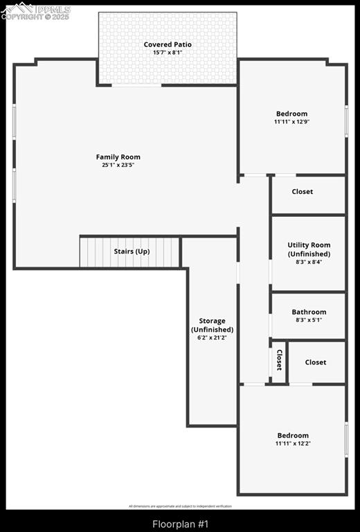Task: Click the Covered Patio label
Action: coord(168,44)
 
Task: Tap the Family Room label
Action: coord(118,157)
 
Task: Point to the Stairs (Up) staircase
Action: coord(130,251)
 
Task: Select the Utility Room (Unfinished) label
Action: coord(309,249)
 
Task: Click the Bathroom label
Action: coord(309,312)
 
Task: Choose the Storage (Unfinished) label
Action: coord(212,325)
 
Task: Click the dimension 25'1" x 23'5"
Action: coord(118,166)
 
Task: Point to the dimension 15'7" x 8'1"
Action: coord(168,53)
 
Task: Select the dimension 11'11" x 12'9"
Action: coord(291,122)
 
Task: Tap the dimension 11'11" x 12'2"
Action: coord(293,443)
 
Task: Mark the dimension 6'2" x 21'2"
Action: coord(212,338)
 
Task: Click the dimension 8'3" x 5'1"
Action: coord(309,320)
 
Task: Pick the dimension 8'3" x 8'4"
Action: coord(309,262)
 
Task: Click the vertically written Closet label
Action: coord(279,360)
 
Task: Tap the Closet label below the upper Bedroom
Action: coord(302,192)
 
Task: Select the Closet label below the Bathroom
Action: coord(316,362)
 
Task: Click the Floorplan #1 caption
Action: coord(180,524)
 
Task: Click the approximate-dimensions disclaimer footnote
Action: coord(180,506)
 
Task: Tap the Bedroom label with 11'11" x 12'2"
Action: coord(293,435)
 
